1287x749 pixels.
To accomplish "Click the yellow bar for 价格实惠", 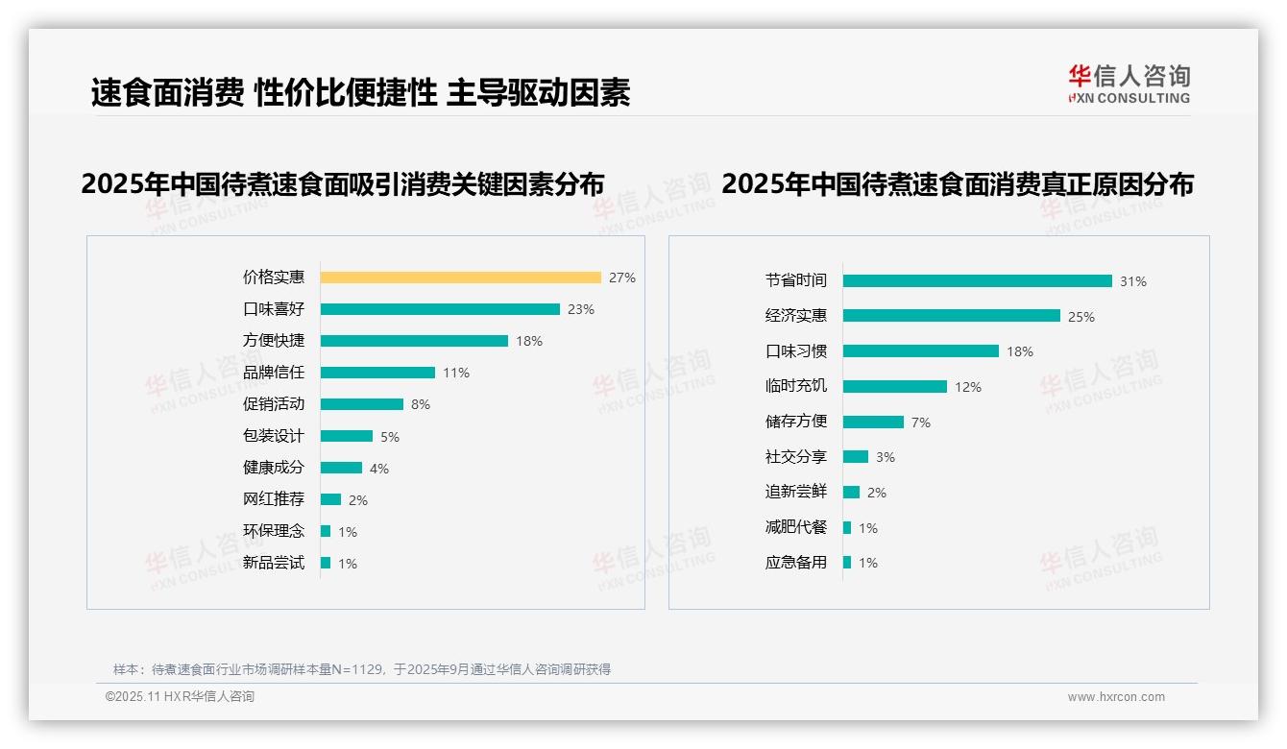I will click(x=460, y=278).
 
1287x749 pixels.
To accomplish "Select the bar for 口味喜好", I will click(x=440, y=309).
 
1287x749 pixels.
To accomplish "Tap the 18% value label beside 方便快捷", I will click(x=529, y=341).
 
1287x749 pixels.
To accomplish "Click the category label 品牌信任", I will click(x=274, y=373).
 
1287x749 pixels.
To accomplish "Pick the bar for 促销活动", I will click(x=362, y=404).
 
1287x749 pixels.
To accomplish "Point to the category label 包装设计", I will click(x=274, y=436).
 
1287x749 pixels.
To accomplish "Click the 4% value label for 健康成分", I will click(x=379, y=469).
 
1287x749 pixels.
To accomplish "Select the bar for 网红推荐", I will click(x=330, y=499).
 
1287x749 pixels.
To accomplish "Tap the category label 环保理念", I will click(x=274, y=531).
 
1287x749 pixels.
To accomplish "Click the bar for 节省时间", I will click(x=977, y=281).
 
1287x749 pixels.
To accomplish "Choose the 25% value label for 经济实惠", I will click(x=1081, y=317).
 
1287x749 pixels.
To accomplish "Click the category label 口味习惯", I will click(x=796, y=351).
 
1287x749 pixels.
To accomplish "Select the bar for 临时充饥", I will click(x=895, y=387).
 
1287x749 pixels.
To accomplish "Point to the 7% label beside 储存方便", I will click(x=921, y=423).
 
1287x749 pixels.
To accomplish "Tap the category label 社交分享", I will click(x=796, y=457).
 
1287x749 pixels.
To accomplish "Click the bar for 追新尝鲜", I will click(x=851, y=493).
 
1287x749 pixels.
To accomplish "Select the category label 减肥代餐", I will click(x=796, y=527).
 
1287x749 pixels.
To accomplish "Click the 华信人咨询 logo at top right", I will click(x=1129, y=85).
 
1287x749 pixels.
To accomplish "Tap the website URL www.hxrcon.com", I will click(x=1116, y=697).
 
